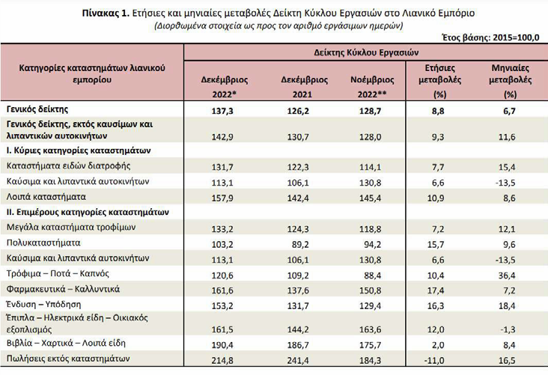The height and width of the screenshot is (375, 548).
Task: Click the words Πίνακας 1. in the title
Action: coord(106,13)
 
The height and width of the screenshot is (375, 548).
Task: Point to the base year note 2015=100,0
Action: coord(516,37)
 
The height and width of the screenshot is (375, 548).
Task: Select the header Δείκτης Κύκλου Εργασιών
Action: coord(366,52)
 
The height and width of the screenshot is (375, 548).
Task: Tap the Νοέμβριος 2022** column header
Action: coord(372,87)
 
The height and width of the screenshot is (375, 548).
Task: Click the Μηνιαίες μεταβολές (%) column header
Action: coord(511,81)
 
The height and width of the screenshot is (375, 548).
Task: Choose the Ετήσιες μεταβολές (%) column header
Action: coord(439,81)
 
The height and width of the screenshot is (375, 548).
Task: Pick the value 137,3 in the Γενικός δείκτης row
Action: coord(222,111)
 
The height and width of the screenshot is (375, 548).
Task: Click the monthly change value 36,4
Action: coord(507,275)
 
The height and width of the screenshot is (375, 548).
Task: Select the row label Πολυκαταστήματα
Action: coord(43,243)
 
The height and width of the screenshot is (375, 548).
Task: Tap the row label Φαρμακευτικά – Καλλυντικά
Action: coord(63,290)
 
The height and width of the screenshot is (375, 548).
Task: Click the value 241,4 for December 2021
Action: coord(298,360)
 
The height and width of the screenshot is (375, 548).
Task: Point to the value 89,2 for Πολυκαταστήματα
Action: coord(300,245)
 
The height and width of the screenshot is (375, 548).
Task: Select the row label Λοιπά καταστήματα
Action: coord(46,197)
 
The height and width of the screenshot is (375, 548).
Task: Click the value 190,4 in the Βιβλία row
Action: coord(222,345)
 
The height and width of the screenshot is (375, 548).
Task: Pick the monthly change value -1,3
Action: coord(508,329)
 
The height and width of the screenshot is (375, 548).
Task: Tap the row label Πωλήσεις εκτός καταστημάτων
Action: coord(68,359)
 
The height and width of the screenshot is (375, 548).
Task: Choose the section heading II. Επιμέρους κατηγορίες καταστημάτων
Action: coord(88,212)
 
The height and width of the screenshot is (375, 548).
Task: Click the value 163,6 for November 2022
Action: coord(370,329)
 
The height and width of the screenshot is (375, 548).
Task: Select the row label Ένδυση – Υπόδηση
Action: coord(43,305)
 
